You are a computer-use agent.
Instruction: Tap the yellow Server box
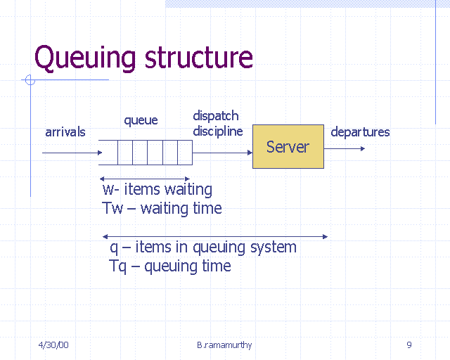288,147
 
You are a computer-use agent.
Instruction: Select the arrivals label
65,132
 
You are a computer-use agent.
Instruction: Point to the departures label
360,131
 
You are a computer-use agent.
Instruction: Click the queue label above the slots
141,120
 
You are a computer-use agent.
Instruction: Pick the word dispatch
216,116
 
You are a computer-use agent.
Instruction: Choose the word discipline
218,131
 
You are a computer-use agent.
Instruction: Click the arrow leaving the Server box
345,148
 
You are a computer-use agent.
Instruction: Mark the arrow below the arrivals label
70,152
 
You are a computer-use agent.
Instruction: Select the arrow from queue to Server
222,152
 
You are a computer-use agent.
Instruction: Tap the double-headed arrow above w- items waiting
145,179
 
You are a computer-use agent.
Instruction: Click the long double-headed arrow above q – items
215,236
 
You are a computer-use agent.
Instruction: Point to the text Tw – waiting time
162,208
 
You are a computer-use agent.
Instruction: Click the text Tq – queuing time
170,266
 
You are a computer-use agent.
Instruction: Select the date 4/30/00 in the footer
53,345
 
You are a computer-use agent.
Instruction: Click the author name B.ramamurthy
224,345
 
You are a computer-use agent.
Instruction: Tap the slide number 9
409,345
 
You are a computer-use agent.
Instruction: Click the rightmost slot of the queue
185,152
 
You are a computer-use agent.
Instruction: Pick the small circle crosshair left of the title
30,80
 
